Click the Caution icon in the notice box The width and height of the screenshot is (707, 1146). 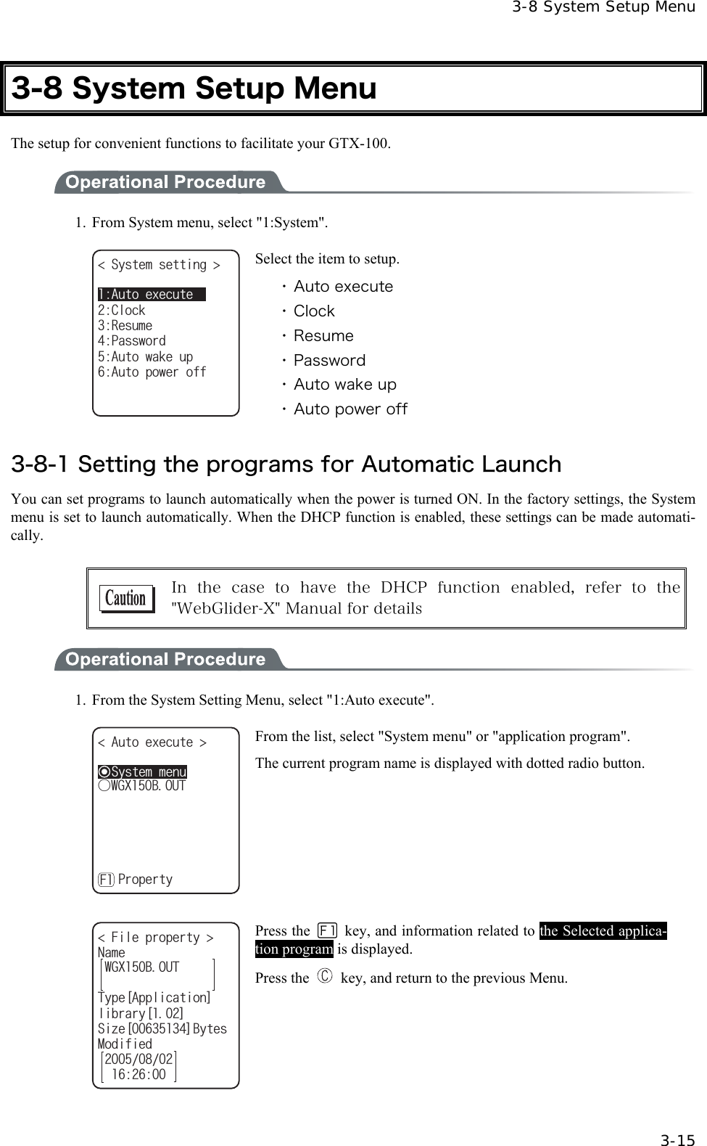coord(127,599)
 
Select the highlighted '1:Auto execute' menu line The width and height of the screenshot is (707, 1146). coord(152,294)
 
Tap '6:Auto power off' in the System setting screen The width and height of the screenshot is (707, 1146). coord(152,372)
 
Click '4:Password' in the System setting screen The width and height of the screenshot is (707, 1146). coord(132,340)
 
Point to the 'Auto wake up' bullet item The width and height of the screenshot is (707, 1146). coord(344,385)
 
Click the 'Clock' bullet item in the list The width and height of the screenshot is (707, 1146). coord(314,311)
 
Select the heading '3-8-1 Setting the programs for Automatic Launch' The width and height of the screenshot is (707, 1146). coord(286,464)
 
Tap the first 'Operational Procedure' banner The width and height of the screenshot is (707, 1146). coord(165,181)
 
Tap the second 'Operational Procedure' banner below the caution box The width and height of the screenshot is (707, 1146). coord(165,659)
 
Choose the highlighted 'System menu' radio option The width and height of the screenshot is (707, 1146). coord(143,771)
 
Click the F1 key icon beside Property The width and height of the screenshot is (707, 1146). coord(106,880)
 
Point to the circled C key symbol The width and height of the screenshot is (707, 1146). coord(324,977)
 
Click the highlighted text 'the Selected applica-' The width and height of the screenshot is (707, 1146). coord(603,930)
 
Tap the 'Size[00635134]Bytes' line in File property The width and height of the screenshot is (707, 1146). coord(162,1028)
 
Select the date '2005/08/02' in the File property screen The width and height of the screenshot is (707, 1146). coord(139,1059)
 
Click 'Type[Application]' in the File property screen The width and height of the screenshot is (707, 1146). coord(154,998)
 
